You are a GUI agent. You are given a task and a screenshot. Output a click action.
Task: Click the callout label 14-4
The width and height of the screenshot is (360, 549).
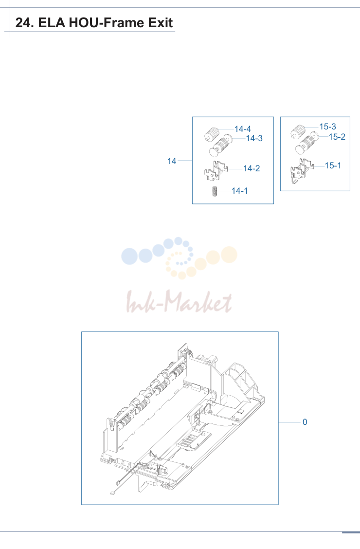[242, 129]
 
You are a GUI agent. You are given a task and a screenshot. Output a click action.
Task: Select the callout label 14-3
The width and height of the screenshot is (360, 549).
[254, 138]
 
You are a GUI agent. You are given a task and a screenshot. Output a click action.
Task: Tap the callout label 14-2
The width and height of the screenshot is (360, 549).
[252, 168]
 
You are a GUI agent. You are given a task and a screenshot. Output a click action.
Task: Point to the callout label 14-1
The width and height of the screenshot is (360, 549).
[240, 191]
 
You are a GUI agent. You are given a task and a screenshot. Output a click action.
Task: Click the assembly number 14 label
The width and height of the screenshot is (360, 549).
[172, 161]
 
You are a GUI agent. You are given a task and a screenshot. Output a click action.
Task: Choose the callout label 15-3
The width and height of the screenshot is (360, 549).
[327, 127]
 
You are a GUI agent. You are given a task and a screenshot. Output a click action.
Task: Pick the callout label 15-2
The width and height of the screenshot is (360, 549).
[337, 137]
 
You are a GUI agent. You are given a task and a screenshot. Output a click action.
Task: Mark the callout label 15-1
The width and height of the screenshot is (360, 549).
[333, 165]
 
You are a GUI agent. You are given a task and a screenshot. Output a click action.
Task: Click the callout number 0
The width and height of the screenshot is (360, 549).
[305, 422]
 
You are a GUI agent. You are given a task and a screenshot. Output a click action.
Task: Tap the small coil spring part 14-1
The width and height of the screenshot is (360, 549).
[215, 192]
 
